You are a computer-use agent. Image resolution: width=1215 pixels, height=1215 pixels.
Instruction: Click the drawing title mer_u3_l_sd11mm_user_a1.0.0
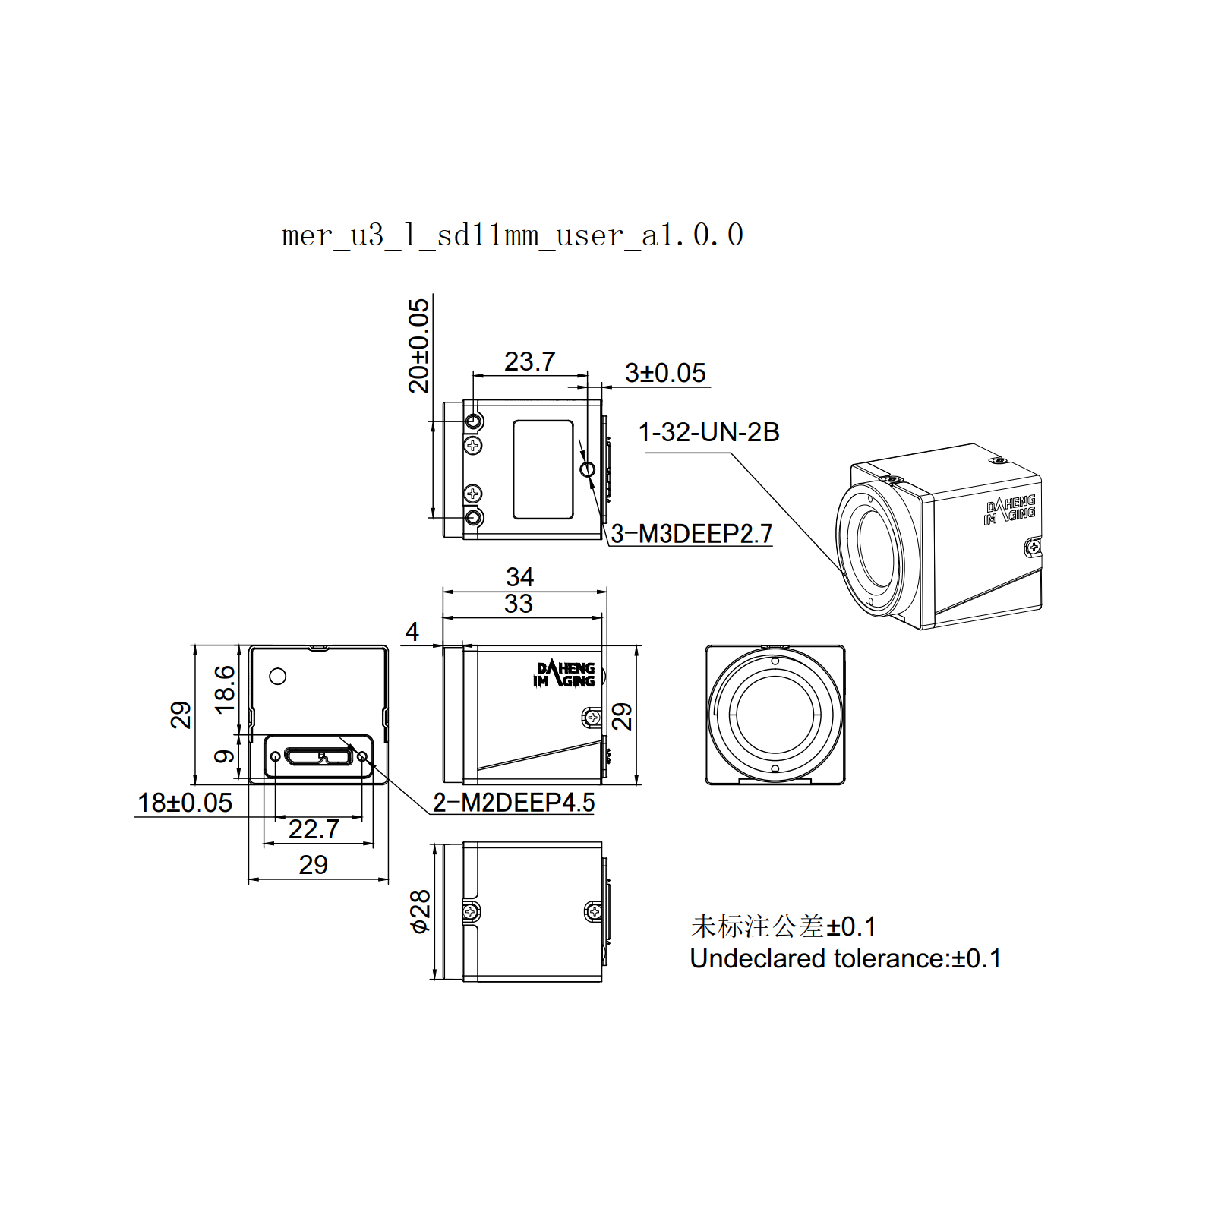(513, 235)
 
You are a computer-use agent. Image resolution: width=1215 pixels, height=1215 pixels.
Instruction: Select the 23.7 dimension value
(529, 361)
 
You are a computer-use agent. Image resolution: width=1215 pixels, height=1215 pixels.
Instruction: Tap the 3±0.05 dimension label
(665, 373)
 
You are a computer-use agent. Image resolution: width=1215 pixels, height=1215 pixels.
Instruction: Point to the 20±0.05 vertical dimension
(418, 346)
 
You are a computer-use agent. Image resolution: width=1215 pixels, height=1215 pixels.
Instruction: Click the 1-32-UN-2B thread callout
(708, 432)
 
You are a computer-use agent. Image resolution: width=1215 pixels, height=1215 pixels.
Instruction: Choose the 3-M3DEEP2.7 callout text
(691, 534)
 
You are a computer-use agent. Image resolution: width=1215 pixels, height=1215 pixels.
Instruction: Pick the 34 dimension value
(519, 576)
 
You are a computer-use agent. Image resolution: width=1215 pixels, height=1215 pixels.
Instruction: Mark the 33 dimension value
(519, 604)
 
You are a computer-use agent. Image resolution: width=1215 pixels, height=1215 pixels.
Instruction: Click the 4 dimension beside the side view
(412, 631)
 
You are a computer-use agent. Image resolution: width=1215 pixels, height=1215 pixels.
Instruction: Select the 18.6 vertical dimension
(225, 690)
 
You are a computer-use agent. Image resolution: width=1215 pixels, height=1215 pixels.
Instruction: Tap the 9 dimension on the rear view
(225, 756)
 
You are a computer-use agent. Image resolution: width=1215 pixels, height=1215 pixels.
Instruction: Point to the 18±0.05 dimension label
(185, 803)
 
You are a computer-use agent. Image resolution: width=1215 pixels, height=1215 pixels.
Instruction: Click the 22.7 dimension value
(314, 829)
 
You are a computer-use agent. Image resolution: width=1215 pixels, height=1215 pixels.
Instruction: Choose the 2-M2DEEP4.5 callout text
(513, 803)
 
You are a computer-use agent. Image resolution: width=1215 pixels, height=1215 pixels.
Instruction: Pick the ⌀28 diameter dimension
(419, 911)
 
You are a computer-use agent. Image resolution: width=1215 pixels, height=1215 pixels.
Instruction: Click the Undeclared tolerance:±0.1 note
(845, 958)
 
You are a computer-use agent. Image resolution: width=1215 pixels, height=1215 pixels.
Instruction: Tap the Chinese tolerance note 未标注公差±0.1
(783, 926)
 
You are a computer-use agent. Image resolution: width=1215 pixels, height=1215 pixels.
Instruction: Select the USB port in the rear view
(318, 756)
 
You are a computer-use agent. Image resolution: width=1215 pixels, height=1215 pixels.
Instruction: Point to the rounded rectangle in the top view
(543, 469)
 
